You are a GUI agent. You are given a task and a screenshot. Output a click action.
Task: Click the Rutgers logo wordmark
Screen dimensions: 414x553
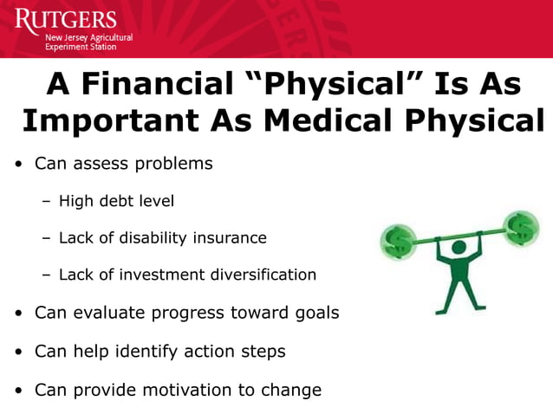(65, 19)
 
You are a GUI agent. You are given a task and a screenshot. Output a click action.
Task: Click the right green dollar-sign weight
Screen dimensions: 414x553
(521, 228)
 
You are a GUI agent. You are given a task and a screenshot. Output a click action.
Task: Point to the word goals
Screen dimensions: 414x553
(315, 313)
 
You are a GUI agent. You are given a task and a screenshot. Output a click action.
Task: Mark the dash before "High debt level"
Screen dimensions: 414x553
(46, 202)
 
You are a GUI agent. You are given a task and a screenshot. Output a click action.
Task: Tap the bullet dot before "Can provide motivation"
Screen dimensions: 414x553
(18, 391)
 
